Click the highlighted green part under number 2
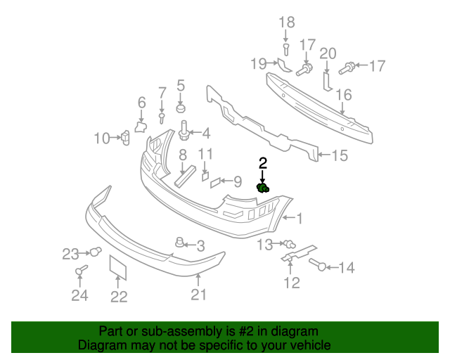tap(263, 187)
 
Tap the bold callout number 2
tap(263, 163)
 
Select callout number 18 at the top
tap(285, 22)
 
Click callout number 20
tap(328, 53)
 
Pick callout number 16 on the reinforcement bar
tap(343, 95)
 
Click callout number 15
tap(339, 155)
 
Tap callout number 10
tap(102, 138)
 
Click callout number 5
tap(180, 86)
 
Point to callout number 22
tap(119, 297)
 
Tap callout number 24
tap(79, 295)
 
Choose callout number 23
tap(72, 253)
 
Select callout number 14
tap(347, 267)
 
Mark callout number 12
tap(291, 283)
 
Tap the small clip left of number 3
tap(180, 243)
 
